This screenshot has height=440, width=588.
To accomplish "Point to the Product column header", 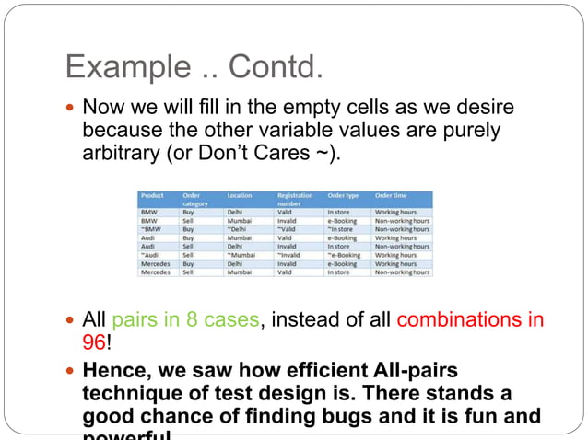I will (x=152, y=195).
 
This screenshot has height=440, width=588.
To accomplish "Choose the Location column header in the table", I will (x=240, y=195).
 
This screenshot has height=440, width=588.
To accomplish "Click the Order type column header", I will (x=344, y=195).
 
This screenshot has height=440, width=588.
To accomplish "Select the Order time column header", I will (x=392, y=195).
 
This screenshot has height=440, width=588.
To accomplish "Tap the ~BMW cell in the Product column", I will (x=150, y=229).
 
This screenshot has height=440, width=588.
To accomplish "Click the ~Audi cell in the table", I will (x=151, y=255).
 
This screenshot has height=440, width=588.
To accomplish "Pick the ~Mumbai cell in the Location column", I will (x=244, y=255).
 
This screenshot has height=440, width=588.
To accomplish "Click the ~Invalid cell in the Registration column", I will (x=293, y=255).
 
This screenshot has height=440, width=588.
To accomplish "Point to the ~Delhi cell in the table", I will (x=241, y=229).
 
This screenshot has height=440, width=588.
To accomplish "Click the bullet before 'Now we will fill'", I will (x=71, y=107).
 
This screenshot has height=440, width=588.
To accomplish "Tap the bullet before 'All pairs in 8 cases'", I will (x=71, y=321).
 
